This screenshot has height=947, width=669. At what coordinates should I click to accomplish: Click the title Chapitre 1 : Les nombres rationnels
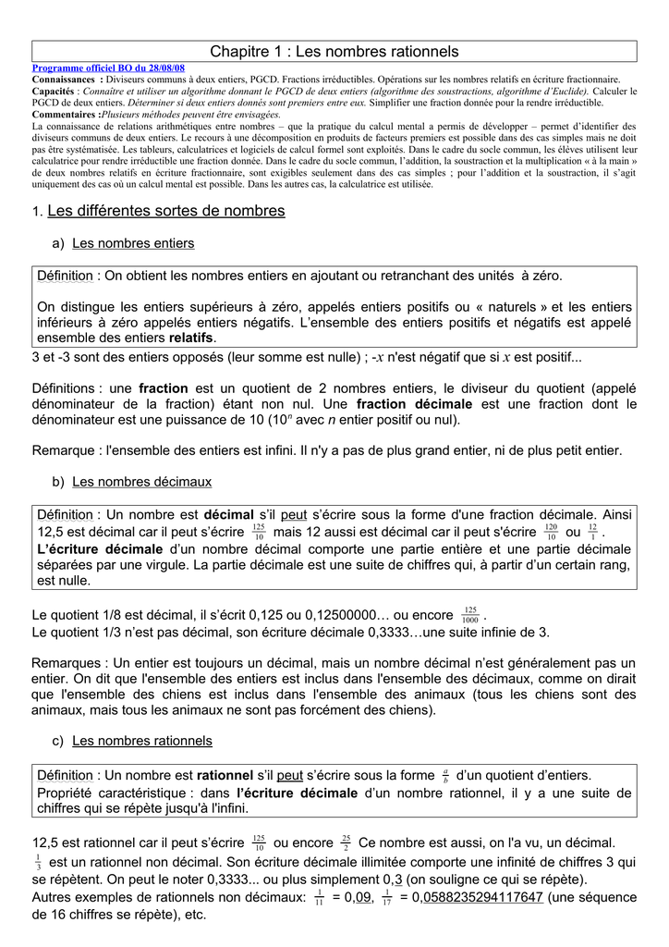tap(334, 52)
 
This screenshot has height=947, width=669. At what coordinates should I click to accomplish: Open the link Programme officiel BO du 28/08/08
tap(108, 68)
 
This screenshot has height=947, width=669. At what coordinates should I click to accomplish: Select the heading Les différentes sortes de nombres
tap(165, 211)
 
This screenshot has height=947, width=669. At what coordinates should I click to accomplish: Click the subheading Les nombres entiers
tap(133, 243)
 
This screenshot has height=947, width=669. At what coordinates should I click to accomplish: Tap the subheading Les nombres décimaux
tap(141, 482)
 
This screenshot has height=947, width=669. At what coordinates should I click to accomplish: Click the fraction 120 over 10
tap(551, 532)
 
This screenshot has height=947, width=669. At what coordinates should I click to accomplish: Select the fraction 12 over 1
tap(592, 532)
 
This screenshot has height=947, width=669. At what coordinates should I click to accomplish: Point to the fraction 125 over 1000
tap(470, 615)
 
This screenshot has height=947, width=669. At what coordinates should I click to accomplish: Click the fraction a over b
tap(445, 776)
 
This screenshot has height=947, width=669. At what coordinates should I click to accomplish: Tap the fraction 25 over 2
tap(346, 842)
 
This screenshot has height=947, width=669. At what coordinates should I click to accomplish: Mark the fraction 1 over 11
tap(318, 897)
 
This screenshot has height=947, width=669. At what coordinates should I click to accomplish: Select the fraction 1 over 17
tap(386, 897)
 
